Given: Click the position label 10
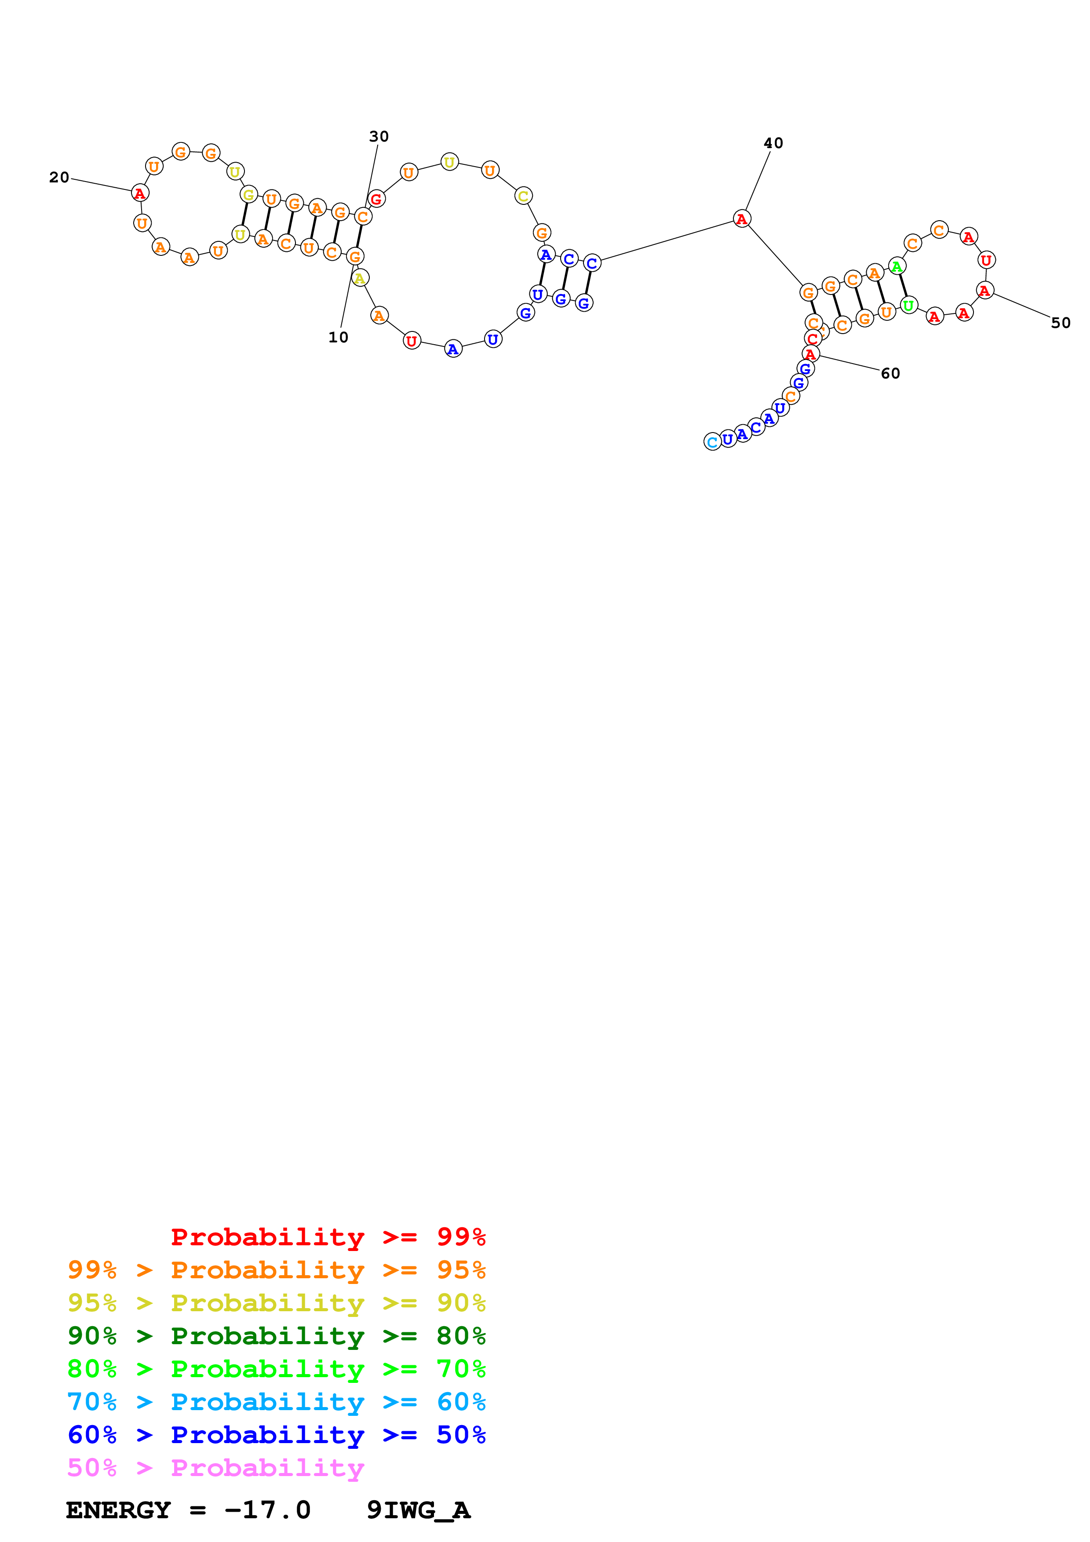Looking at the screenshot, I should pyautogui.click(x=338, y=337).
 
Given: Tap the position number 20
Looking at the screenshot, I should pyautogui.click(x=59, y=177).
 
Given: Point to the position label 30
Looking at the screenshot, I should pyautogui.click(x=379, y=136).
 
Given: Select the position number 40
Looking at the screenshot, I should pyautogui.click(x=773, y=143).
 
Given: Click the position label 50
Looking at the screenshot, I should pyautogui.click(x=1061, y=323).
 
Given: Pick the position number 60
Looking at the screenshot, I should pyautogui.click(x=890, y=373).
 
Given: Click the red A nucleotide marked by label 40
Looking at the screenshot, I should pyautogui.click(x=741, y=219).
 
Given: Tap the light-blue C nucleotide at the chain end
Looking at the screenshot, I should pyautogui.click(x=712, y=442).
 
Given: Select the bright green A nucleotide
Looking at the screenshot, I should pyautogui.click(x=897, y=267).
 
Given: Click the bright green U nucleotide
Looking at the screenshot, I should pyautogui.click(x=908, y=305).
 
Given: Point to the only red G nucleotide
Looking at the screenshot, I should pyautogui.click(x=376, y=199).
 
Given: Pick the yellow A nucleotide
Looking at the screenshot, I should pyautogui.click(x=360, y=278).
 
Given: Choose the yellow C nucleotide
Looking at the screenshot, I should pyautogui.click(x=523, y=196).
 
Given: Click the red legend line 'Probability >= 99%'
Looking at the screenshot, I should pyautogui.click(x=328, y=1237).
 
